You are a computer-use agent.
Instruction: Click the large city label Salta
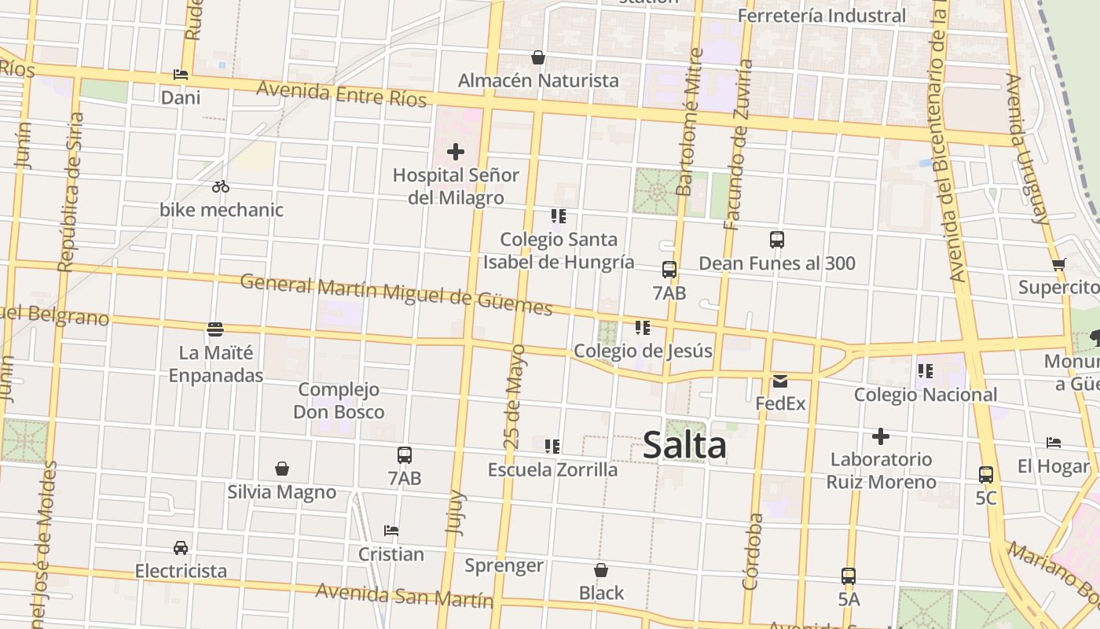click(684, 446)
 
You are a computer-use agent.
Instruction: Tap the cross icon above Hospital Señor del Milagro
click(456, 151)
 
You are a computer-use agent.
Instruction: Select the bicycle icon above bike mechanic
click(221, 186)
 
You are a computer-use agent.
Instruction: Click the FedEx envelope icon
click(780, 381)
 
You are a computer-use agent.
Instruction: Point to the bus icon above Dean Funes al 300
click(777, 240)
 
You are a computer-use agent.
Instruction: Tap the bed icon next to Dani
click(181, 75)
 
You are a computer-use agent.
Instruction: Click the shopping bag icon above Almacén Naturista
click(538, 57)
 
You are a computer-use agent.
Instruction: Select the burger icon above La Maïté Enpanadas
click(215, 329)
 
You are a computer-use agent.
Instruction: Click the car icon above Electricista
click(181, 547)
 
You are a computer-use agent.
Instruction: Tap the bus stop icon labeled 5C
click(986, 474)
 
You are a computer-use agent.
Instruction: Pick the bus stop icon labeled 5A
click(849, 576)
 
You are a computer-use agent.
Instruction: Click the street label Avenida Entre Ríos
click(341, 93)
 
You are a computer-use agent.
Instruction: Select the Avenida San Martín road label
click(404, 595)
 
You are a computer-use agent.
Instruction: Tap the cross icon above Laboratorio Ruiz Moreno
click(881, 436)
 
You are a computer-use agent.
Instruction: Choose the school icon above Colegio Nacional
click(926, 370)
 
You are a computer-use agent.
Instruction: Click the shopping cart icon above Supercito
click(1058, 264)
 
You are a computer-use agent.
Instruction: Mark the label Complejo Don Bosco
click(339, 400)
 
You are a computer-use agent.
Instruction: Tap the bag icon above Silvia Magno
click(282, 469)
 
